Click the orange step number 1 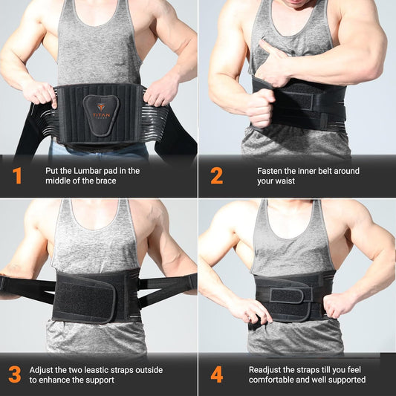(x=16, y=176)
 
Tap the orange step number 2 (x=216, y=176)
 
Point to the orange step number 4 (x=216, y=374)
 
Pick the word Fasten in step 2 (x=271, y=171)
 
